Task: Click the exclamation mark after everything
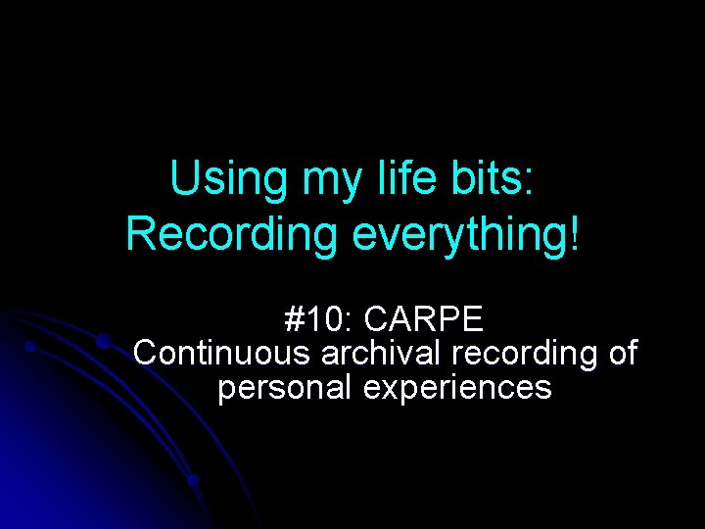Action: [x=574, y=233]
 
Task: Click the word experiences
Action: [x=457, y=389]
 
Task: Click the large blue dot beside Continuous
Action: [x=102, y=342]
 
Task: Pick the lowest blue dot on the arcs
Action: [x=194, y=481]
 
